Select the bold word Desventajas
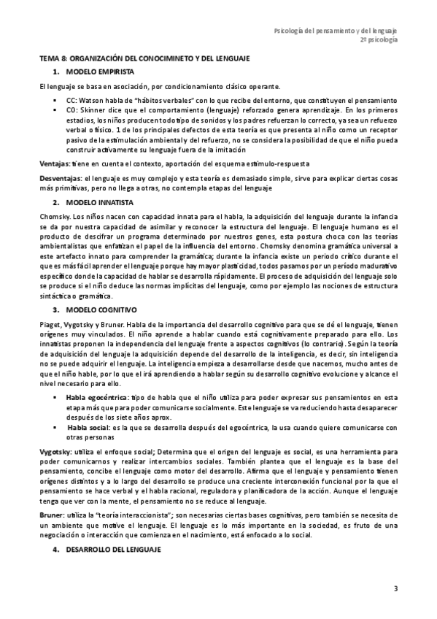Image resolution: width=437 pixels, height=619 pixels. (x=61, y=177)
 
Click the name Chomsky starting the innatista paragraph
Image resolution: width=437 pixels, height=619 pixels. (x=54, y=217)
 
